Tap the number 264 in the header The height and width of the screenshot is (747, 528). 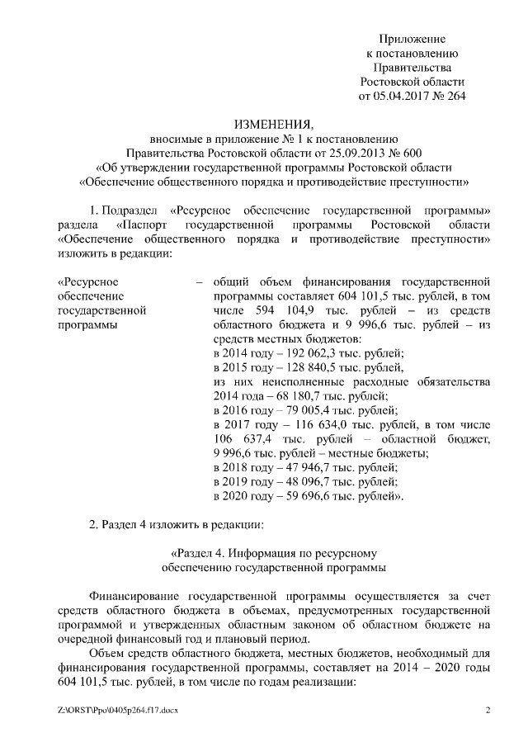click(x=455, y=96)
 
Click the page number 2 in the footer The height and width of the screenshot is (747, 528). click(x=488, y=711)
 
